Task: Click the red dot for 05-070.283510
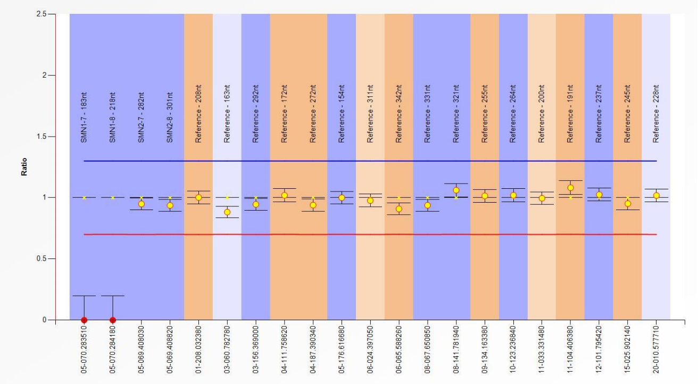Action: click(x=84, y=320)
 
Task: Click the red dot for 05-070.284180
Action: click(x=113, y=320)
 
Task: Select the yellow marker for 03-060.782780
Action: click(x=227, y=212)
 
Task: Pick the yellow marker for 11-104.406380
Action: click(x=570, y=188)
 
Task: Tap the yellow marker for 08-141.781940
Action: click(x=456, y=190)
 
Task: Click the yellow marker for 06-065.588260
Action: click(x=399, y=209)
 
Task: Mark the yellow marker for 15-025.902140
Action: click(x=628, y=204)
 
